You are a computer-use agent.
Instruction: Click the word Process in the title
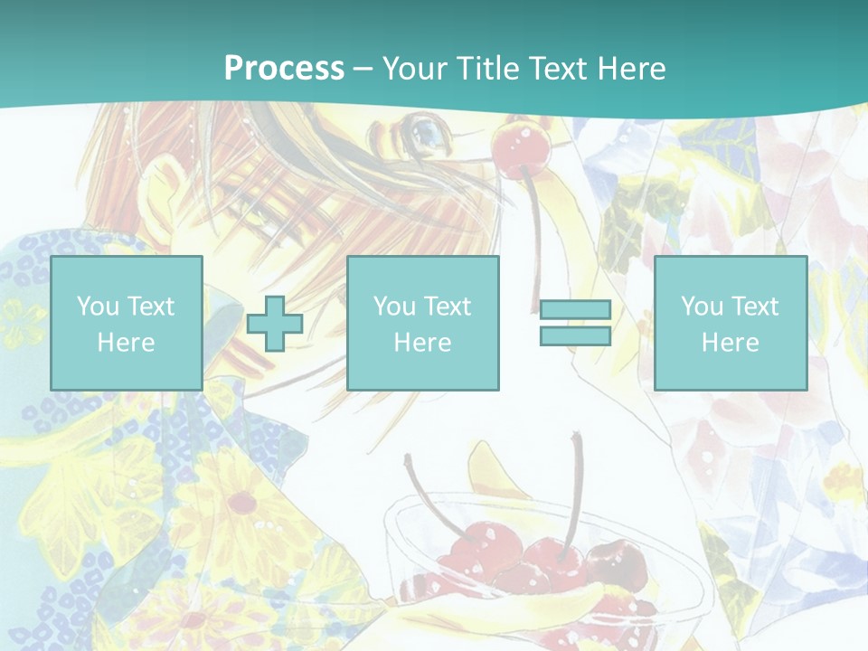[284, 69]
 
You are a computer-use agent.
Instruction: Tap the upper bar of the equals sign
[575, 310]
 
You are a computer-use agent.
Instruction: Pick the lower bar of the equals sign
[575, 336]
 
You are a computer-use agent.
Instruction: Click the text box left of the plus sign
[127, 323]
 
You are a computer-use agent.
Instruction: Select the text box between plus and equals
[422, 323]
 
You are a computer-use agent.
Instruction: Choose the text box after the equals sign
[730, 323]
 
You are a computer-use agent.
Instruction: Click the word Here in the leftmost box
[126, 343]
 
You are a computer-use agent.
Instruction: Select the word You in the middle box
[394, 307]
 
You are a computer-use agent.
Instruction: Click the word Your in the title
[413, 69]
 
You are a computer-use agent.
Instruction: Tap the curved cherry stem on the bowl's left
[425, 497]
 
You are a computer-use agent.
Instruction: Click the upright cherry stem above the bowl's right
[573, 488]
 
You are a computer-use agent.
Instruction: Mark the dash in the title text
[363, 69]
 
